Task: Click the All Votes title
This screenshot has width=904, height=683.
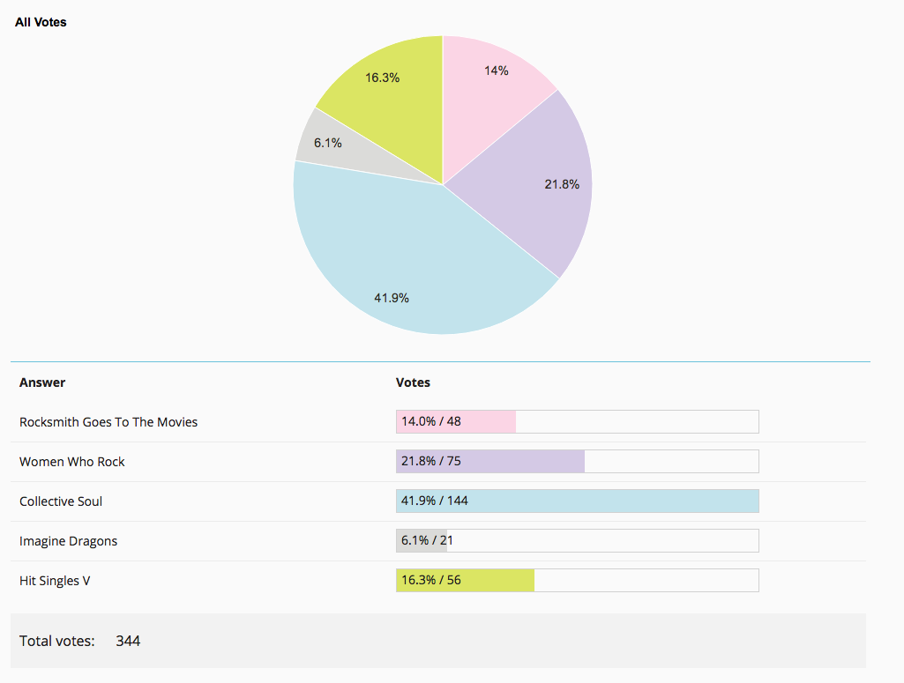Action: click(41, 22)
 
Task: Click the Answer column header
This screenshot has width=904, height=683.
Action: click(42, 382)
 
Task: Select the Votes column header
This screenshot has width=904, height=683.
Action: click(413, 382)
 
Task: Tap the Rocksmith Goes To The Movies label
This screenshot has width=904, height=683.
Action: click(108, 422)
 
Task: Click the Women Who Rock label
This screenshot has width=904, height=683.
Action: click(72, 462)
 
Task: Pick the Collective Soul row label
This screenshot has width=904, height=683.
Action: click(61, 501)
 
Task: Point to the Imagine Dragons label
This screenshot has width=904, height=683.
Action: click(68, 541)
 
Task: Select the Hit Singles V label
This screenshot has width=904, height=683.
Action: click(55, 581)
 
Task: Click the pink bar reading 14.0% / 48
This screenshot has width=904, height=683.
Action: click(456, 421)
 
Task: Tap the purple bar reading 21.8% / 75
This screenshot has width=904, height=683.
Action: click(490, 461)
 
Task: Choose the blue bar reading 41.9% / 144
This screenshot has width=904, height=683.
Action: click(577, 501)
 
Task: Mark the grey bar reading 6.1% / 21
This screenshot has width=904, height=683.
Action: click(422, 541)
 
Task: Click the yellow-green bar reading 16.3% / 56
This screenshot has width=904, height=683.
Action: click(466, 581)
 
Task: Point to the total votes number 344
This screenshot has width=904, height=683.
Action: click(128, 641)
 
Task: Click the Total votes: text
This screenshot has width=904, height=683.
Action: click(57, 641)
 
